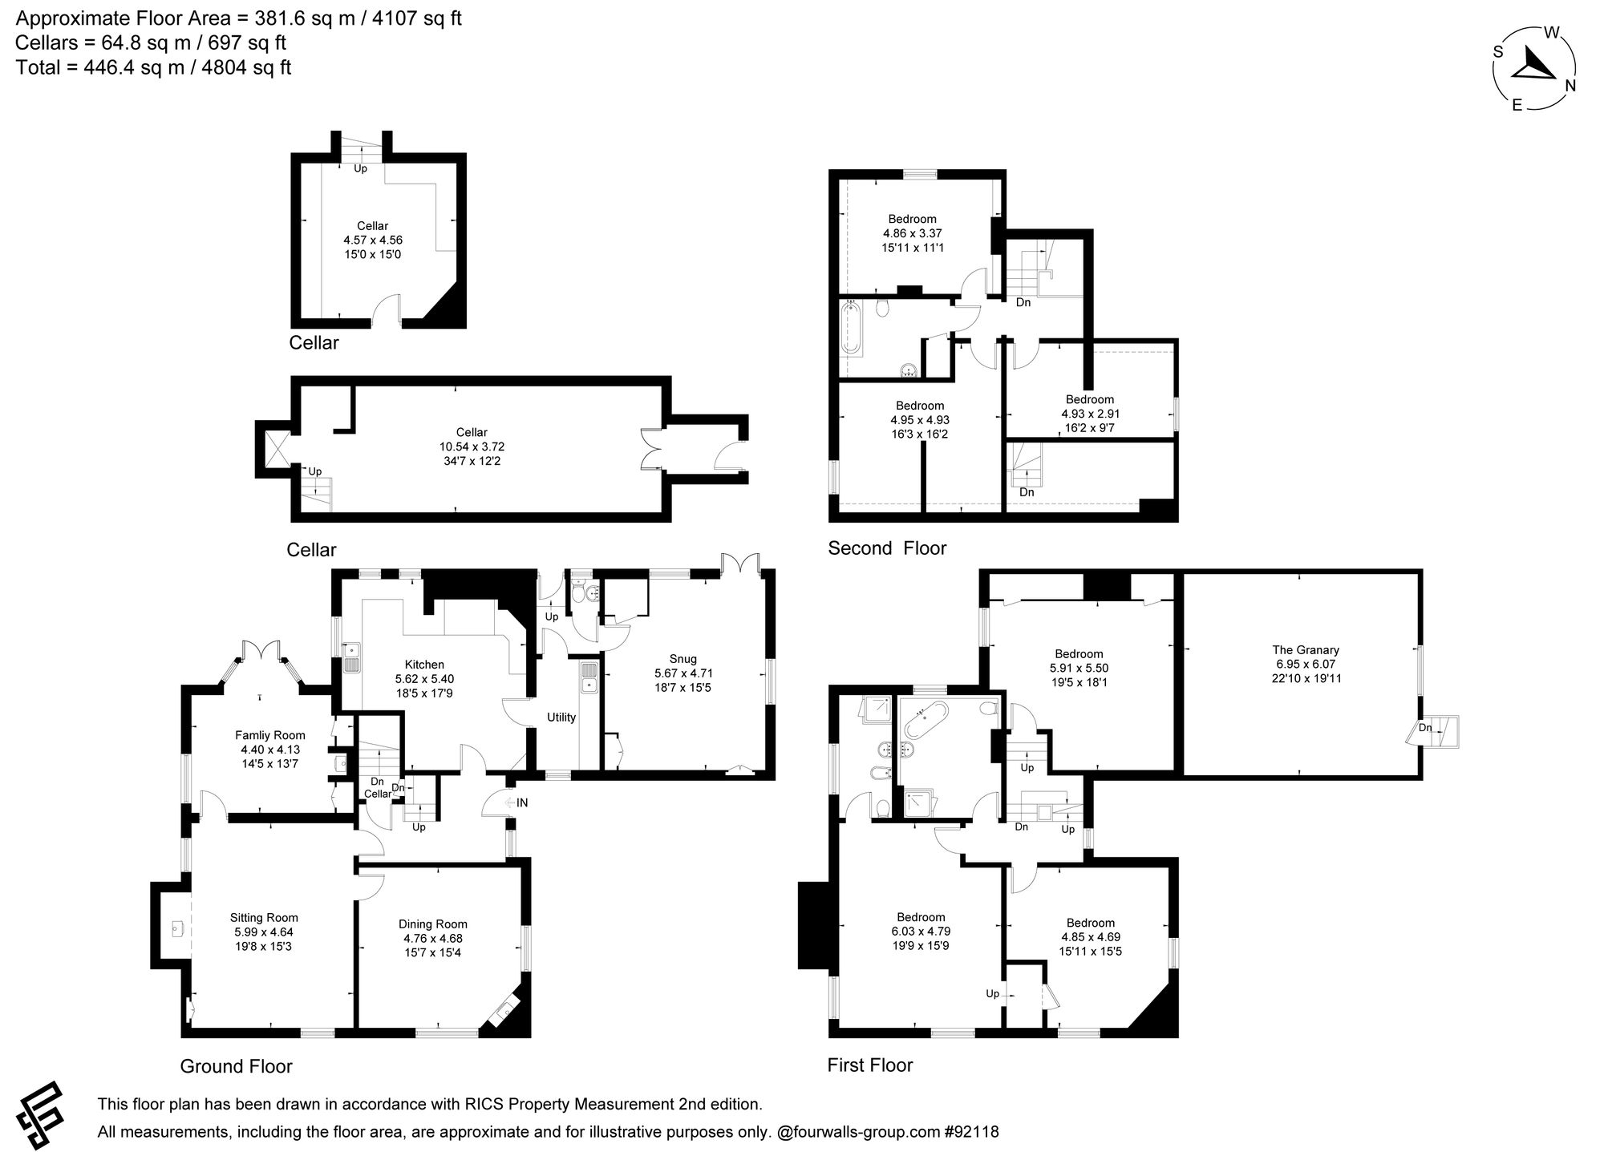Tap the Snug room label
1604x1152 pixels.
[x=683, y=659]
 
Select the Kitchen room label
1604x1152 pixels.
[x=424, y=665]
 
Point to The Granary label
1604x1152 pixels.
[x=1306, y=650]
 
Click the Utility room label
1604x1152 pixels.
[x=561, y=717]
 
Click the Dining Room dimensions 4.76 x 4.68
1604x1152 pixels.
[x=433, y=939]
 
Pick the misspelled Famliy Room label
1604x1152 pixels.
[x=270, y=735]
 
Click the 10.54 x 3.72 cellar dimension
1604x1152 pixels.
[x=472, y=447]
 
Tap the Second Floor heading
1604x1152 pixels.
[x=887, y=548]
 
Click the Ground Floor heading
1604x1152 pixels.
[x=236, y=1066]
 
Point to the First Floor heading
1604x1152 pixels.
[x=870, y=1065]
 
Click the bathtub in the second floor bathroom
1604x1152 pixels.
[x=851, y=328]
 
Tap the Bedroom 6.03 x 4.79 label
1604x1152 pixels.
[x=921, y=917]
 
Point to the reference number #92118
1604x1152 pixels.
[x=972, y=1133]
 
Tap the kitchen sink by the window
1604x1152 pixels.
[x=351, y=658]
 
